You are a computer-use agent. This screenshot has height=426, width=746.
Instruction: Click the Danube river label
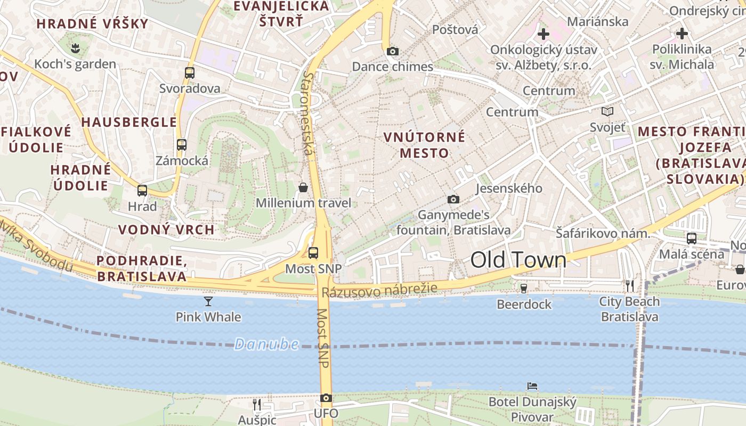tap(266, 344)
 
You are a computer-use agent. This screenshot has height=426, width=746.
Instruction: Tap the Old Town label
tap(518, 260)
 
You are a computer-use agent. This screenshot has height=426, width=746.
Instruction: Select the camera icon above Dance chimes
tap(393, 51)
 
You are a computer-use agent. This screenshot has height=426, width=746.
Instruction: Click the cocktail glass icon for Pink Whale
tap(208, 301)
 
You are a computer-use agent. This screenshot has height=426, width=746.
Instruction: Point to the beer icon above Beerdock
tap(524, 288)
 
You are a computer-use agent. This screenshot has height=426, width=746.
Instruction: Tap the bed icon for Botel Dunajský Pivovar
tap(532, 386)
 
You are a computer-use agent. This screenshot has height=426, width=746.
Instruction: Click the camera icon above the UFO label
tap(326, 398)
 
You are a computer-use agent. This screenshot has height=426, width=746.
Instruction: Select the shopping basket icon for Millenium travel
tap(303, 187)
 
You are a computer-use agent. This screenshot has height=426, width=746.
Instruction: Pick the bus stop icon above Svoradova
tap(190, 73)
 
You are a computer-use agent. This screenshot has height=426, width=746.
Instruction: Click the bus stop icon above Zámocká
tap(182, 144)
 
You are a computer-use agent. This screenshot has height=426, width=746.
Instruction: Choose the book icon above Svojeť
tap(607, 111)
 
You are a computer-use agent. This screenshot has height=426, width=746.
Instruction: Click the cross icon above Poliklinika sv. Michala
tap(682, 34)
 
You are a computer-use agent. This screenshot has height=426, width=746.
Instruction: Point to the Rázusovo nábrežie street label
tap(379, 290)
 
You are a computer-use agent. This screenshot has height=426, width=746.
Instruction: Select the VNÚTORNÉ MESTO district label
tap(424, 145)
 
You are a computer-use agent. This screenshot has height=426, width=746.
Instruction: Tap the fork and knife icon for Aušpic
tap(257, 404)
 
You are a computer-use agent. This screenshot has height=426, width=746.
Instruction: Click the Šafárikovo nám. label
tap(603, 233)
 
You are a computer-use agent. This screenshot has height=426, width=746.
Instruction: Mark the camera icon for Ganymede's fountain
tap(453, 199)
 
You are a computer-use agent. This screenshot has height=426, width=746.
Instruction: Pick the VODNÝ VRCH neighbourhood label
tap(166, 230)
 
